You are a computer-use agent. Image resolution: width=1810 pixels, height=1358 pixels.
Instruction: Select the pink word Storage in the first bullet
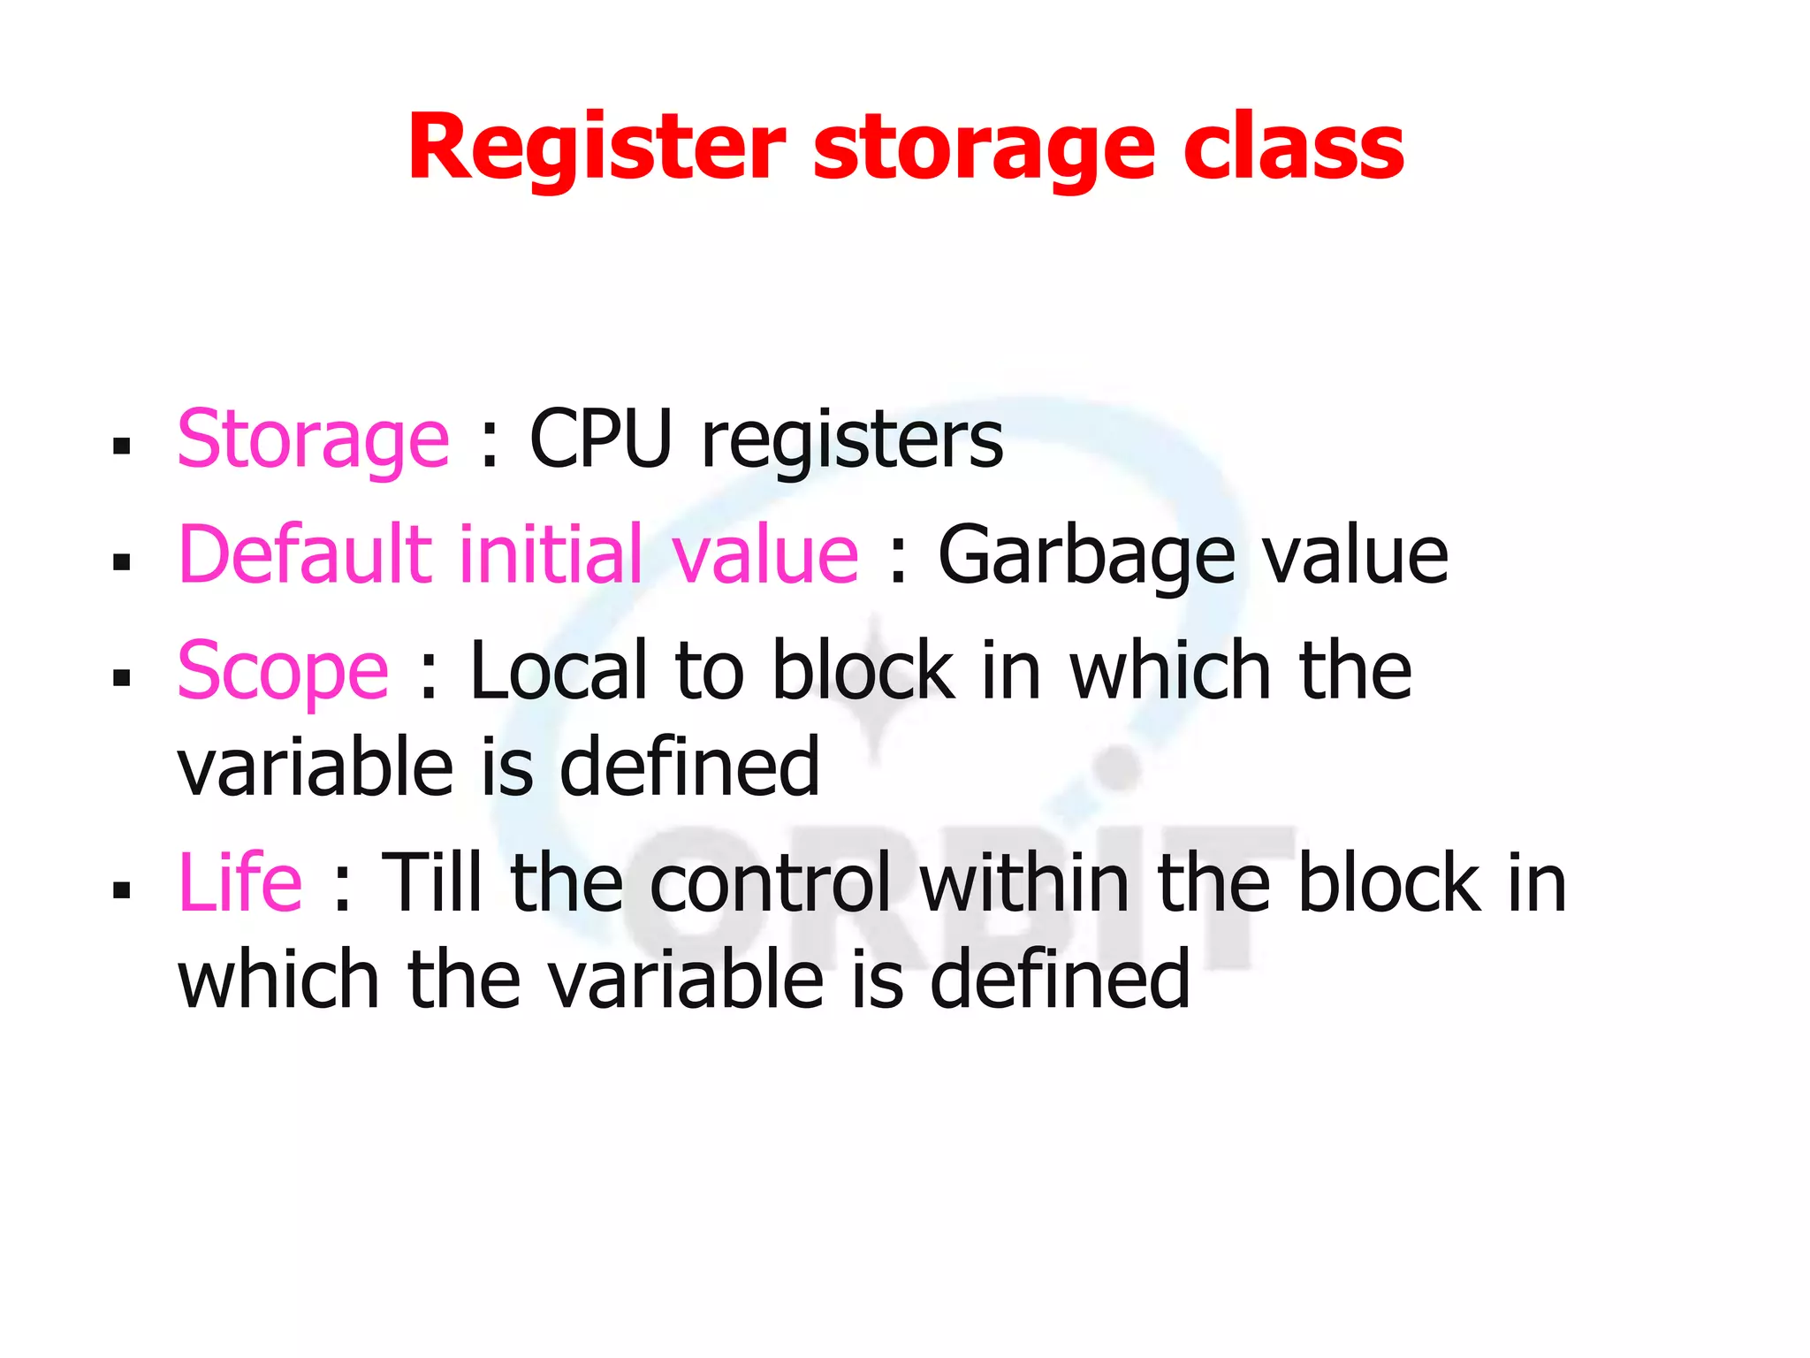pos(313,439)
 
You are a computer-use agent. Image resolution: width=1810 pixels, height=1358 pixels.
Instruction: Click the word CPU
pos(601,439)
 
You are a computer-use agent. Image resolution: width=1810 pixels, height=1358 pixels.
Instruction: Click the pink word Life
pos(240,882)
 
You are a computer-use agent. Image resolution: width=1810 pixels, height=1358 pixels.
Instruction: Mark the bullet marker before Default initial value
pos(122,561)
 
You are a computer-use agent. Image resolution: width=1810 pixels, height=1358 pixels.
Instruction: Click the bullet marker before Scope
pos(122,678)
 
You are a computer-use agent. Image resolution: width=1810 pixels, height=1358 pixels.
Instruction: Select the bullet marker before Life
pos(122,889)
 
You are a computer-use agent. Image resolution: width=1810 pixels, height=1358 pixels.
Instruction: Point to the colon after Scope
pos(429,676)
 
